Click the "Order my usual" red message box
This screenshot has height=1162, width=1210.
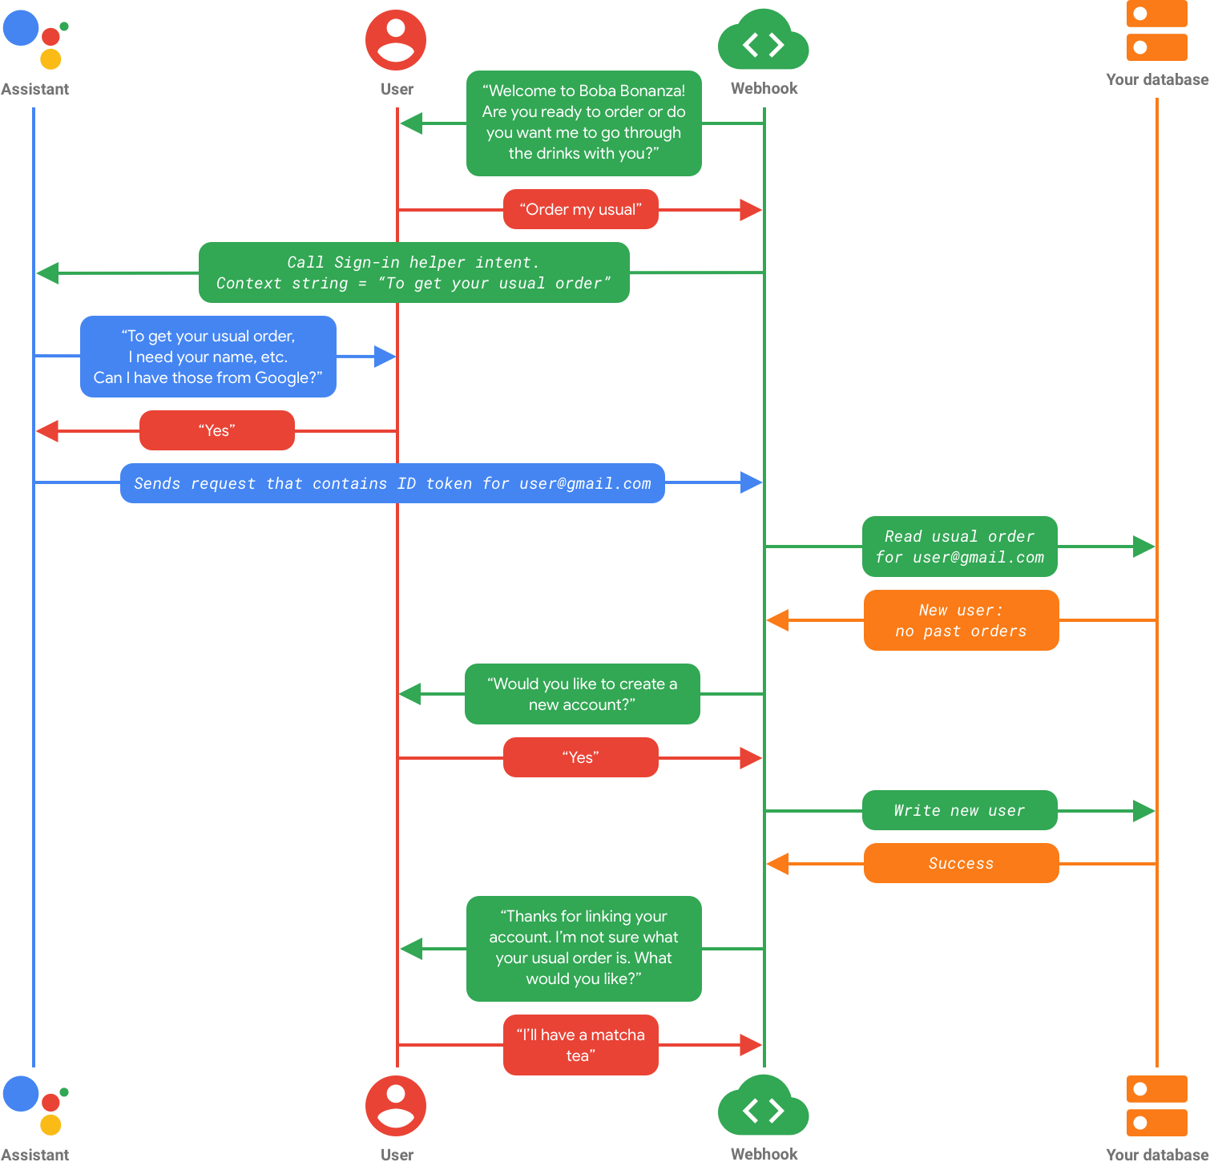coord(581,209)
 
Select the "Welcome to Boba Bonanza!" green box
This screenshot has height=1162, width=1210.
coord(584,123)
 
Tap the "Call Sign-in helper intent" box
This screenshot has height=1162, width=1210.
coord(413,272)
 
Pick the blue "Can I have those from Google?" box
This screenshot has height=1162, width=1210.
coord(208,357)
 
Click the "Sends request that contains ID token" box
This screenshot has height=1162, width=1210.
coord(393,483)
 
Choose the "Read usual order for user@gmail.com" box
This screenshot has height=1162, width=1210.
coord(959,547)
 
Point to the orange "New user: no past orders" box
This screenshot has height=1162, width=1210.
coord(961,620)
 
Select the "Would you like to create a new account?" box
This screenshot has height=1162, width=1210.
coord(582,694)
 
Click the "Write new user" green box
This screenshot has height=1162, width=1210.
coord(959,810)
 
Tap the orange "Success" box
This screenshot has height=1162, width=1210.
coord(961,863)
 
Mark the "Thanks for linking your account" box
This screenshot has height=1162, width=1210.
coord(584,948)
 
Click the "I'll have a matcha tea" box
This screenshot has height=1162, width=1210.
coord(581,1045)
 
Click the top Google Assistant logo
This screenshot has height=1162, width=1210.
coord(35,38)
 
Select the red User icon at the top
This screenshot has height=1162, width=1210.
coord(396,40)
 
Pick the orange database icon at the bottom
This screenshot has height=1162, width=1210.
coord(1156,1105)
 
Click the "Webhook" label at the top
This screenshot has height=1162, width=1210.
coord(764,88)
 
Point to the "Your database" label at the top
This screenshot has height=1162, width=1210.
coord(1156,79)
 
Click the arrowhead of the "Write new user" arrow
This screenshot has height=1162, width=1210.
coord(1144,811)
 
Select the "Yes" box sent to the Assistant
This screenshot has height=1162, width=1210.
coord(217,430)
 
